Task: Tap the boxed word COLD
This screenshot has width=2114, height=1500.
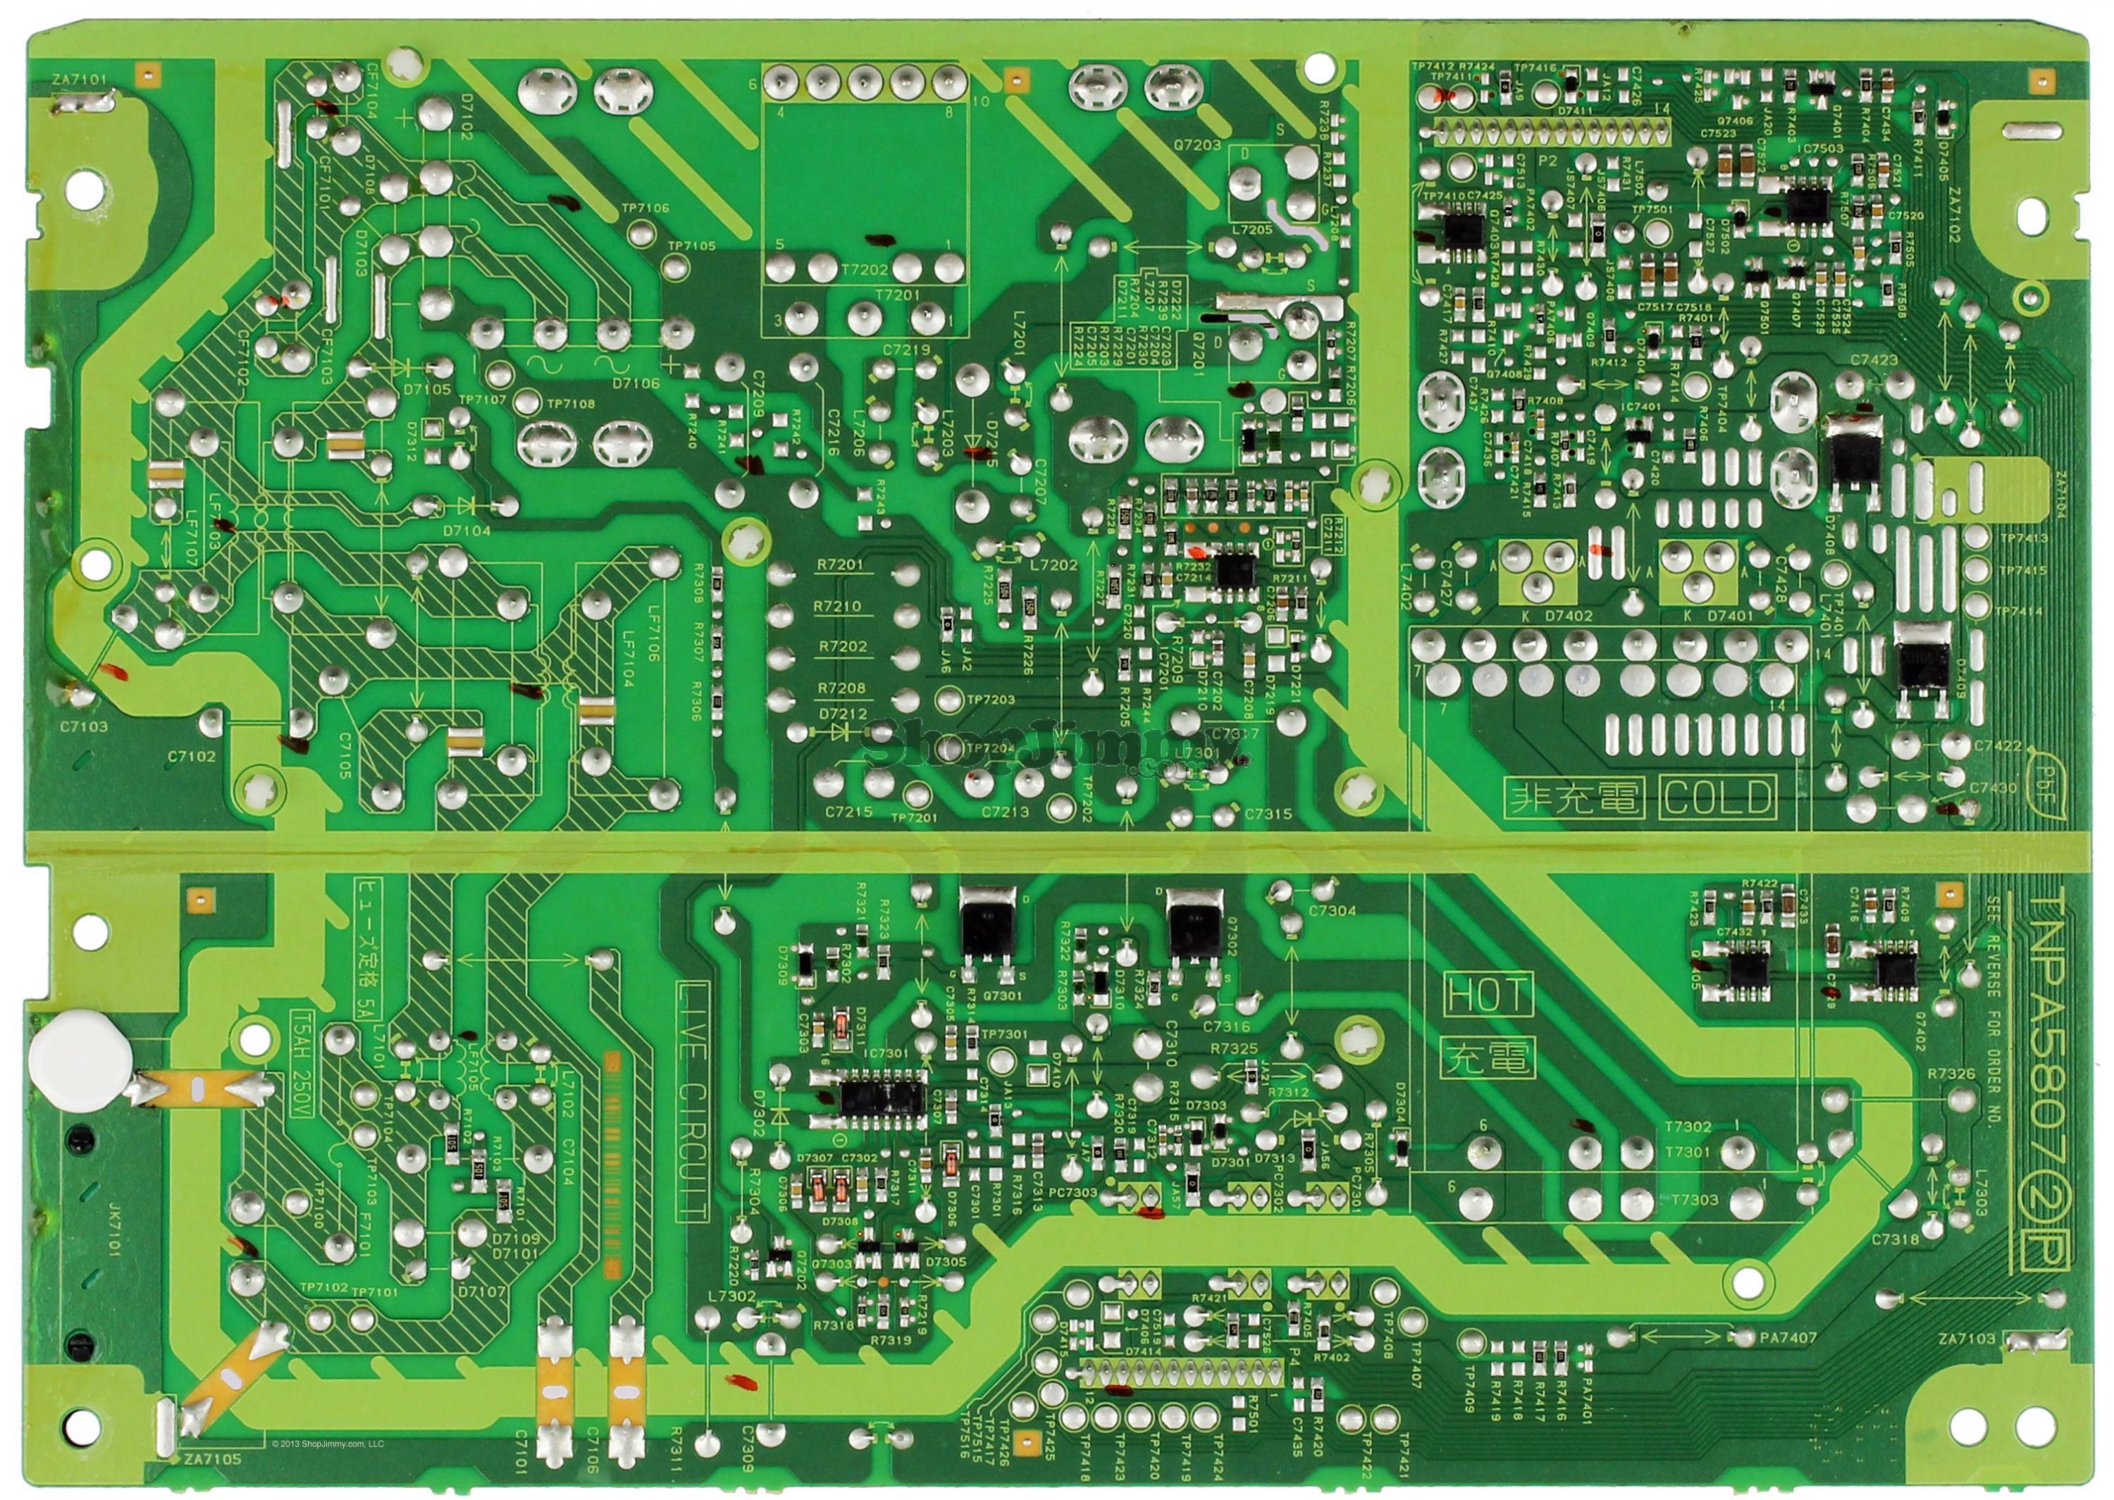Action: (x=1718, y=797)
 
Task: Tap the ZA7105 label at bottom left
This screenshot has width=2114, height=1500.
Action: (x=211, y=1459)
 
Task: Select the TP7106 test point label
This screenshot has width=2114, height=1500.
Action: (x=645, y=209)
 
